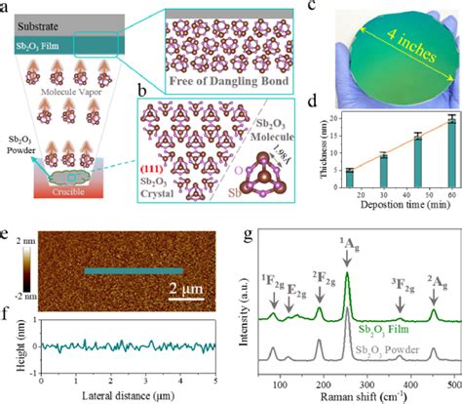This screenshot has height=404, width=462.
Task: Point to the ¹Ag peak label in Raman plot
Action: pyautogui.click(x=347, y=257)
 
